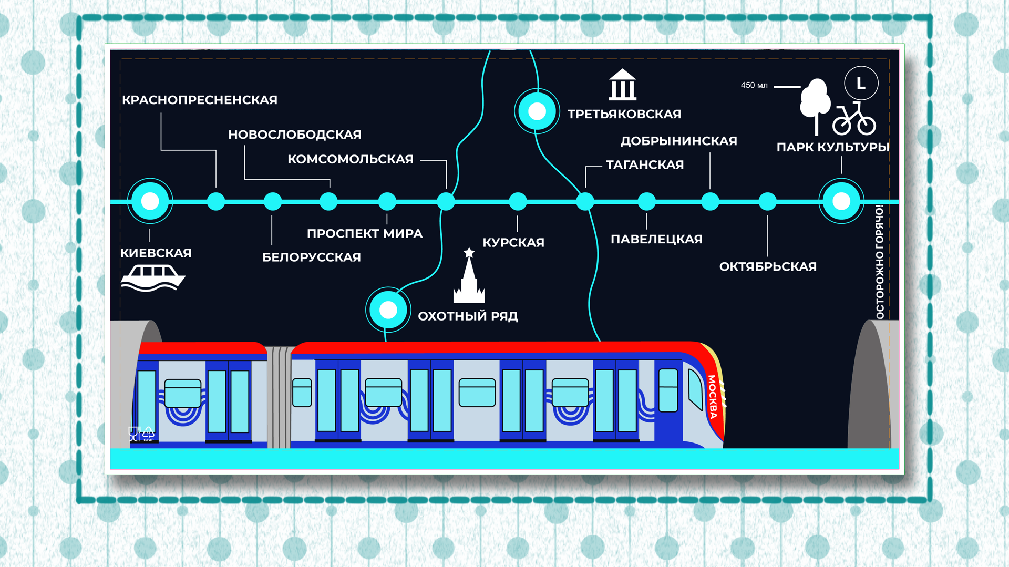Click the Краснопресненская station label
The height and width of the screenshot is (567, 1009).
click(x=200, y=100)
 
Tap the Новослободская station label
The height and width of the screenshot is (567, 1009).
click(x=295, y=135)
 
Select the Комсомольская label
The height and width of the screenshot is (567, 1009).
click(x=351, y=159)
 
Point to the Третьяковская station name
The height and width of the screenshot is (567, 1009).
click(x=624, y=114)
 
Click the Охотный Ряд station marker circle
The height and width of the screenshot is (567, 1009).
click(x=388, y=310)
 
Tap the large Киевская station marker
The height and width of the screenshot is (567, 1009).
click(x=150, y=201)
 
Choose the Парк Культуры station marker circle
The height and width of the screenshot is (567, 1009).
click(x=841, y=201)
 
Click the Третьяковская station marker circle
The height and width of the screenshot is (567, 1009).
click(x=537, y=111)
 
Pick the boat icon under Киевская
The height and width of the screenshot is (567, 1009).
click(x=152, y=277)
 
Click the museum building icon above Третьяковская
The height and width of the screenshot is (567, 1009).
click(x=623, y=85)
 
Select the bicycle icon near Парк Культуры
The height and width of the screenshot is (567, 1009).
click(x=854, y=120)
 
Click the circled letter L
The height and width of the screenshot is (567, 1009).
click(x=861, y=83)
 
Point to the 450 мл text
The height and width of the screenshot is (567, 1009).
click(x=754, y=85)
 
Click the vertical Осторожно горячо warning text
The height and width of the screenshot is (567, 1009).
click(x=880, y=262)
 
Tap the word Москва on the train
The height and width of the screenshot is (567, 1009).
click(x=712, y=397)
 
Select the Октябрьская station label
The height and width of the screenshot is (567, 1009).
click(x=768, y=266)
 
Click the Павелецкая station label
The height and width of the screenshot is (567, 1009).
click(x=656, y=239)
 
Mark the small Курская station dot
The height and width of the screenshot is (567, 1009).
click(x=518, y=201)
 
